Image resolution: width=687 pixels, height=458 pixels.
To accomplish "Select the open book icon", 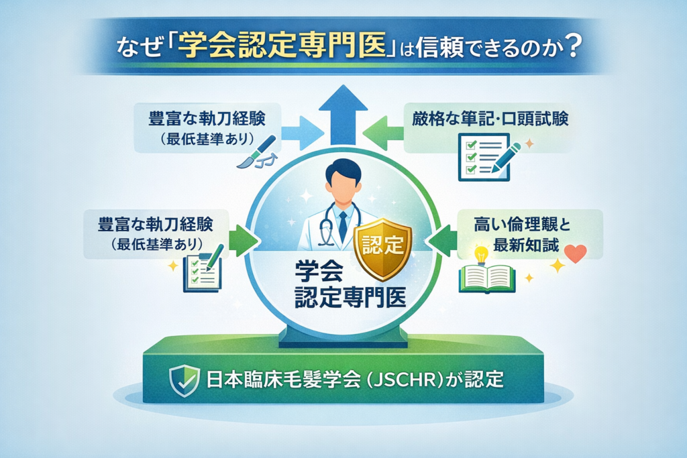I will click(x=486, y=279).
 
